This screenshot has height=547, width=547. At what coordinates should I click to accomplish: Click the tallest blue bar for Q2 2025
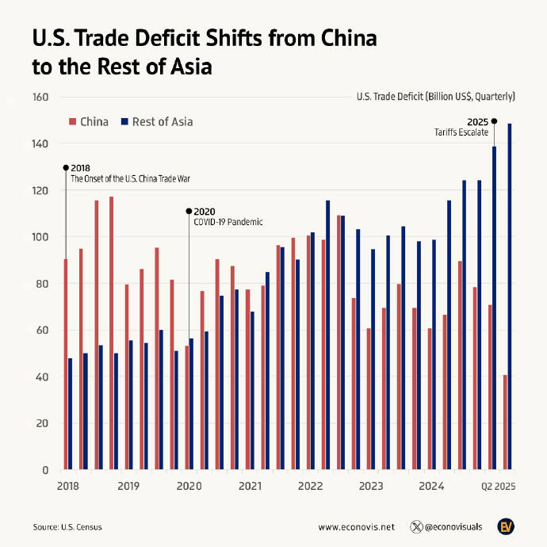click(510, 296)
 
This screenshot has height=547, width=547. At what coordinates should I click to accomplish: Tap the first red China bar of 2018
click(66, 364)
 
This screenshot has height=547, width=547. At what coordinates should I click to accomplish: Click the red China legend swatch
click(73, 122)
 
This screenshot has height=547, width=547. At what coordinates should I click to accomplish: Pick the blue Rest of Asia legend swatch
click(124, 122)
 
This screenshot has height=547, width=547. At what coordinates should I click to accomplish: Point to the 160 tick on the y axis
click(40, 98)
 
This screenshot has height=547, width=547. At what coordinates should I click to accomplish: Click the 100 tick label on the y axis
click(40, 237)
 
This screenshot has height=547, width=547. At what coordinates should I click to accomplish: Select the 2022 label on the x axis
click(311, 485)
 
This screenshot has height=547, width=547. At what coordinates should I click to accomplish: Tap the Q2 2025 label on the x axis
click(499, 485)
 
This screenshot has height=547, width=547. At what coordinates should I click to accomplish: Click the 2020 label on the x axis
click(189, 485)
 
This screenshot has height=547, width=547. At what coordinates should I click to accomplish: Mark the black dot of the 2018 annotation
click(66, 168)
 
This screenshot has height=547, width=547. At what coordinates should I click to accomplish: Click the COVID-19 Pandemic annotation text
click(228, 222)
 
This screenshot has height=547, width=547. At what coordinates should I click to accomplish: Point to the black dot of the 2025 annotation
click(494, 121)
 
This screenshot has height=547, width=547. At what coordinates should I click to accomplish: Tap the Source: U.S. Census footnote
click(67, 526)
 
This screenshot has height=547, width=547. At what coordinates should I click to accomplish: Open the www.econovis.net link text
click(356, 526)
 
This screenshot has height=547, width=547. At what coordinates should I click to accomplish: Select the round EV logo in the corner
click(507, 526)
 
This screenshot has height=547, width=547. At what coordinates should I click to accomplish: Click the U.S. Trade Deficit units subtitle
click(436, 97)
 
